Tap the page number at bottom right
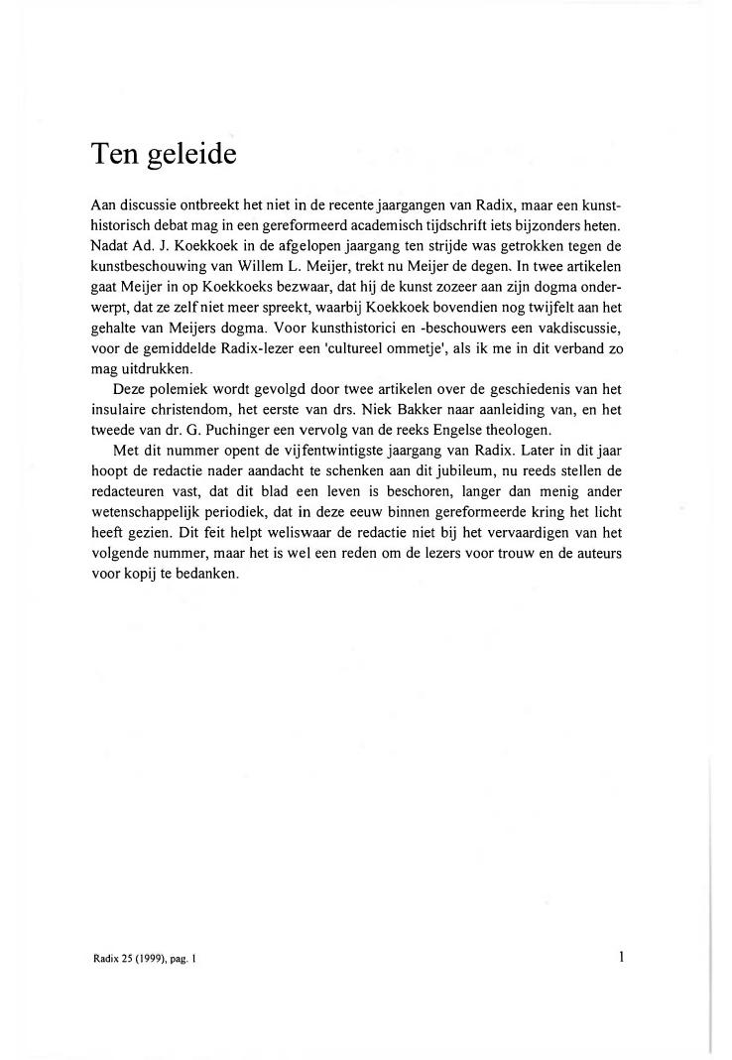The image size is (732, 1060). [x=620, y=957]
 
